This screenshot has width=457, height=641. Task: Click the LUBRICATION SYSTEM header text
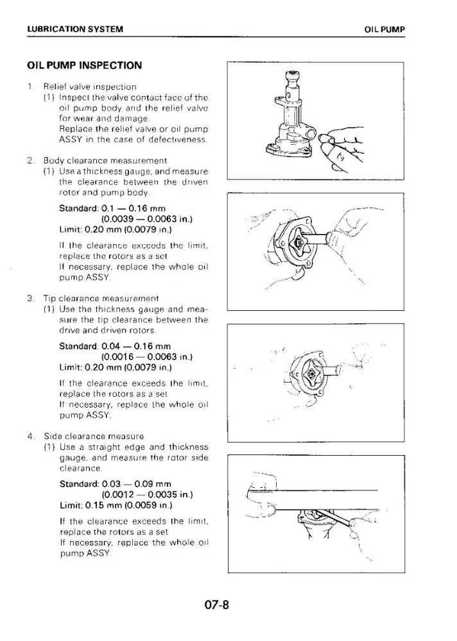tap(75, 29)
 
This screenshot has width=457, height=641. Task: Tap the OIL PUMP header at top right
tap(384, 29)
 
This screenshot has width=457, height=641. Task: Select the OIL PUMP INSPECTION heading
tap(84, 65)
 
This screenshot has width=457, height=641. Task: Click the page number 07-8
tap(216, 604)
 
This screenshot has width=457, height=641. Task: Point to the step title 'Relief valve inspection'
tap(90, 87)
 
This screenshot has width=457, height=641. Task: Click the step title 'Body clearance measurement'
tap(105, 161)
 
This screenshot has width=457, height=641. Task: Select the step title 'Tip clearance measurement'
tap(101, 299)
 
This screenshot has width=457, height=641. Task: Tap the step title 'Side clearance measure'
tap(94, 436)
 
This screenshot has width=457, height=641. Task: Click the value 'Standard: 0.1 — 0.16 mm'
tap(112, 208)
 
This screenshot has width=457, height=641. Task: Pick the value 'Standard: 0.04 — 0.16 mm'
tap(115, 346)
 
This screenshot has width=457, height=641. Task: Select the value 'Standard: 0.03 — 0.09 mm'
tap(116, 484)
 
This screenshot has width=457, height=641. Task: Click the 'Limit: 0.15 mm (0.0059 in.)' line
tap(116, 505)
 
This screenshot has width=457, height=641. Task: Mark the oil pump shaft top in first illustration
tap(293, 75)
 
